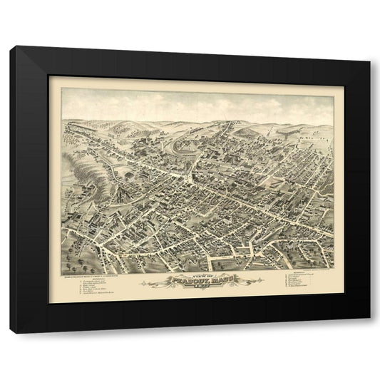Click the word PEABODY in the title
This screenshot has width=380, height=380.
179,280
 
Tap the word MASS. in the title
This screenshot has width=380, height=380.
212,280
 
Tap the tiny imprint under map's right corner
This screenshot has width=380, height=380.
314,267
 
